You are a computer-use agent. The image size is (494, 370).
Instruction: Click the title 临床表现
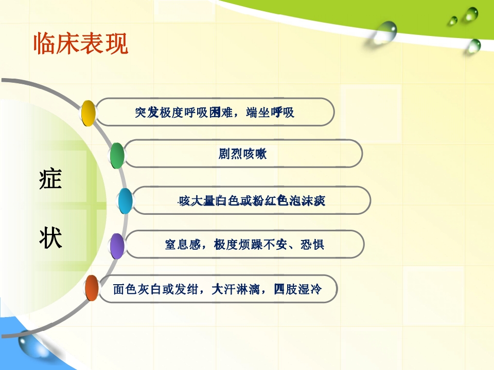pyautogui.click(x=80, y=44)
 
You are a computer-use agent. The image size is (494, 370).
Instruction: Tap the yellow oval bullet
pyautogui.click(x=89, y=113)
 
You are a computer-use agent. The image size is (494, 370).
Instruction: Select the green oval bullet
pyautogui.click(x=117, y=155)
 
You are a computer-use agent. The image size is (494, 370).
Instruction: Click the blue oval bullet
pyautogui.click(x=125, y=201)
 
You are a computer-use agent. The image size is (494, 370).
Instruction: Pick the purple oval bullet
pyautogui.click(x=118, y=246)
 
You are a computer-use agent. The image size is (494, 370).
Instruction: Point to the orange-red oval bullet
pyautogui.click(x=92, y=288)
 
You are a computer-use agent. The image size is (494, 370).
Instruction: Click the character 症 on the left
pyautogui.click(x=50, y=180)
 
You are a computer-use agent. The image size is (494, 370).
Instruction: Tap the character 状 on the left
pyautogui.click(x=50, y=238)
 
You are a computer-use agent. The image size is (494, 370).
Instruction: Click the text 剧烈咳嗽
pyautogui.click(x=243, y=154)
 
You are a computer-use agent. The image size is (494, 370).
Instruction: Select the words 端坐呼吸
pyautogui.click(x=271, y=113)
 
